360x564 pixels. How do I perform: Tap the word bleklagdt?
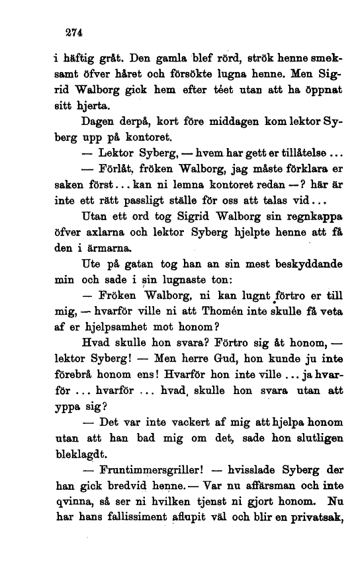click(x=80, y=454)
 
